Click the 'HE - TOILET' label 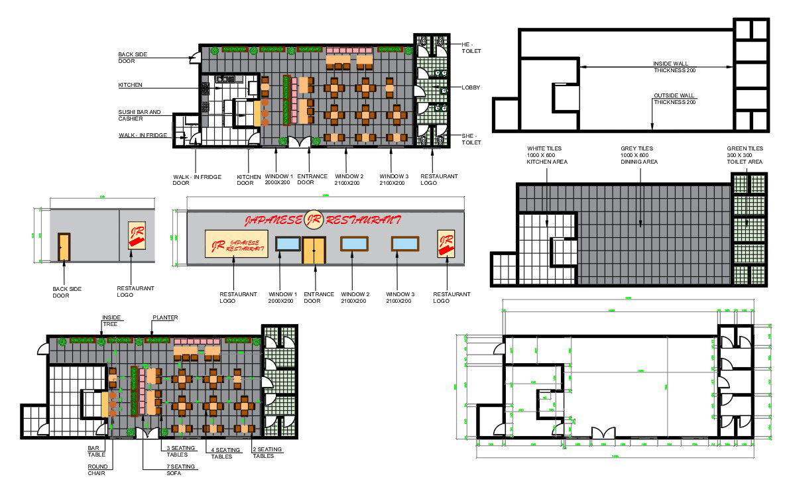click(x=471, y=47)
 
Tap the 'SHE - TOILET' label click(x=471, y=138)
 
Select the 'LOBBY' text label click(x=471, y=87)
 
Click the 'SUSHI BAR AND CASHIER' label click(x=139, y=115)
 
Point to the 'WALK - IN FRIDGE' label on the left click(x=143, y=135)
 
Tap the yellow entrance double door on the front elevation click(x=314, y=250)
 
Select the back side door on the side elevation click(x=64, y=247)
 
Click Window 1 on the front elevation click(x=288, y=243)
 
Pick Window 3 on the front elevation click(x=404, y=243)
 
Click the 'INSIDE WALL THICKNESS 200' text click(x=674, y=67)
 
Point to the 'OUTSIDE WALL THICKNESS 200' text click(x=674, y=99)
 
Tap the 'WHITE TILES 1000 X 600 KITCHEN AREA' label click(x=547, y=155)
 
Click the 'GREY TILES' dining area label click(x=639, y=155)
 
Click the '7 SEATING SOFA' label click(x=180, y=470)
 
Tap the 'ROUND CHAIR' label click(x=97, y=469)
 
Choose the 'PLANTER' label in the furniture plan click(x=165, y=317)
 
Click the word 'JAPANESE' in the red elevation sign click(x=272, y=220)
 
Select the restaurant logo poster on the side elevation click(x=137, y=235)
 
